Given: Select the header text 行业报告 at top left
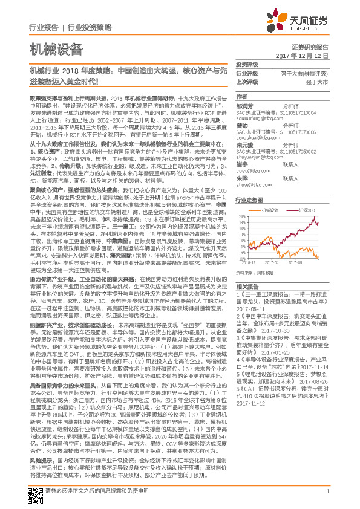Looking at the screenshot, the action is coord(44,28).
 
